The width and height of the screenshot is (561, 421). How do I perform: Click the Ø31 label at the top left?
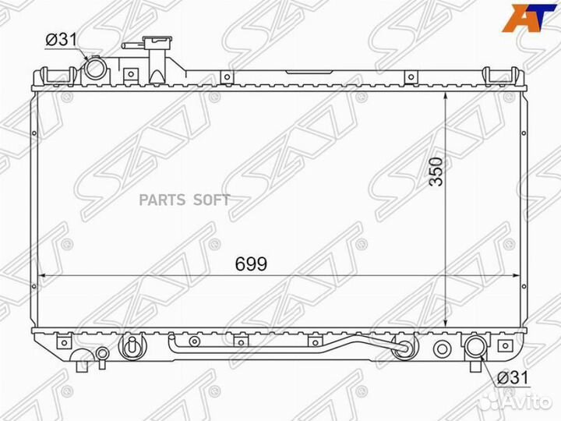62,40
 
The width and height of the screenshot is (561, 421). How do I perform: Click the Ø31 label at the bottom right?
513,377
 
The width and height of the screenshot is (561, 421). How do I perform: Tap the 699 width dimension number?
251,264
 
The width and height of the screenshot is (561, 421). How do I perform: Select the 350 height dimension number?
436,172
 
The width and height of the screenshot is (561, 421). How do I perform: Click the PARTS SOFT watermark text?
185,200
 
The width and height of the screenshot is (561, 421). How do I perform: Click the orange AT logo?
530,17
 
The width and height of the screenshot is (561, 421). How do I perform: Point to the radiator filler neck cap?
157,41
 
